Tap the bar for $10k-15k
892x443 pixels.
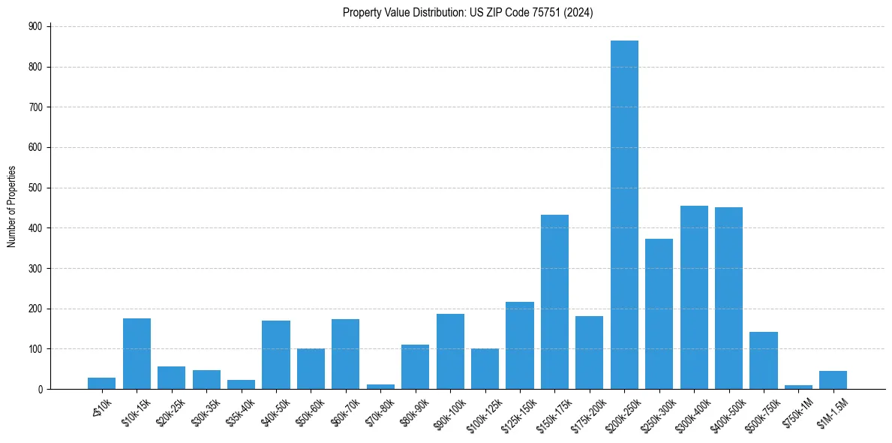(137, 354)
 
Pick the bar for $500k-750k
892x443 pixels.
(764, 360)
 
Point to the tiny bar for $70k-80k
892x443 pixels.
(380, 387)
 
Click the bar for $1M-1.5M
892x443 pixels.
(833, 380)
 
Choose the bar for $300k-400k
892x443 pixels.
(694, 297)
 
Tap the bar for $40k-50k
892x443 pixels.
(276, 354)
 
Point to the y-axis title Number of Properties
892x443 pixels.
(11, 207)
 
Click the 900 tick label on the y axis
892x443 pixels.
(36, 26)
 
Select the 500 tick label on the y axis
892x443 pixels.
(36, 188)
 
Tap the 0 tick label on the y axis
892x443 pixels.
(41, 389)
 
